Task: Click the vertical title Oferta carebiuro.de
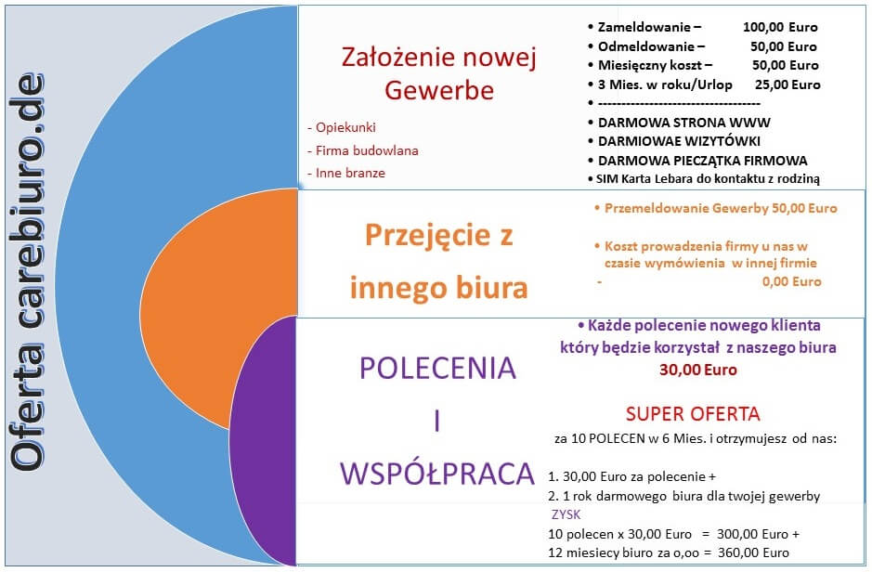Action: tap(27, 272)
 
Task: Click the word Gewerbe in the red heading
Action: tap(439, 90)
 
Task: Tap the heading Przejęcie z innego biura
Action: tap(438, 261)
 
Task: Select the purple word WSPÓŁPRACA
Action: tap(437, 474)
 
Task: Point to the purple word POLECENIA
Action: tap(437, 368)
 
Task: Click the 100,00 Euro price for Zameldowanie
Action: tap(780, 27)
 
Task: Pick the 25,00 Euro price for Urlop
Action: tap(787, 84)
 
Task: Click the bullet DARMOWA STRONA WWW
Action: tap(684, 123)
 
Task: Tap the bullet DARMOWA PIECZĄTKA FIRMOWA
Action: tap(702, 161)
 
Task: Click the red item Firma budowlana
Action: tap(367, 150)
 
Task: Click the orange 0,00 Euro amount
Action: tap(791, 281)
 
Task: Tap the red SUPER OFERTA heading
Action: tap(693, 414)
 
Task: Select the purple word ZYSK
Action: tap(566, 514)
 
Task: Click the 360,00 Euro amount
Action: tap(753, 552)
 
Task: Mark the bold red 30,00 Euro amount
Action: tap(698, 370)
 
